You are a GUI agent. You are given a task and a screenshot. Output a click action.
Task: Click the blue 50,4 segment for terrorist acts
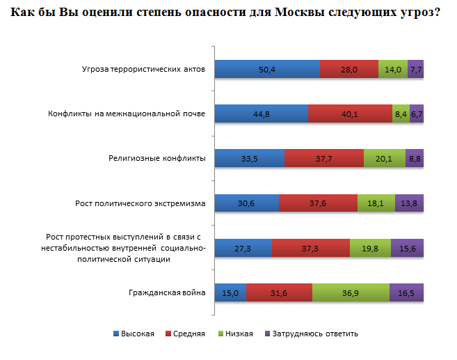(266, 69)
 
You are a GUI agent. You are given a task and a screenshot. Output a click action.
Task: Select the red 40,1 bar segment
(350, 114)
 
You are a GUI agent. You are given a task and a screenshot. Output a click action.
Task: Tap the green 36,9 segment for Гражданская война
(351, 292)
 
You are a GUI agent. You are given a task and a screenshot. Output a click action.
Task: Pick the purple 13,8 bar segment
(409, 203)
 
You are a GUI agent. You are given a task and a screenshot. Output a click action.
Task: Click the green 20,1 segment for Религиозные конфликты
(384, 159)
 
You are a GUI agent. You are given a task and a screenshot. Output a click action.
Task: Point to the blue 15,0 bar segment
(230, 292)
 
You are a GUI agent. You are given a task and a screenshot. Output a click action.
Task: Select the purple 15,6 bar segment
(407, 248)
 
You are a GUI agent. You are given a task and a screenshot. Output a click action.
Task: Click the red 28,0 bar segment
(348, 69)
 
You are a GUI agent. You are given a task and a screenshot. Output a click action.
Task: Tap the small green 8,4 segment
(401, 114)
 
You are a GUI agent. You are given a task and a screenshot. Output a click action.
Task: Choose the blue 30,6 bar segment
(246, 203)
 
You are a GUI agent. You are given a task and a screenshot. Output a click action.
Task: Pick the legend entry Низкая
(239, 334)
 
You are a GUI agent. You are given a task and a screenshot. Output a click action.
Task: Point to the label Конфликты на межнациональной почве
(126, 114)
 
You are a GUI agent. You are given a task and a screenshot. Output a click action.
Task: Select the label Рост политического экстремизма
(141, 203)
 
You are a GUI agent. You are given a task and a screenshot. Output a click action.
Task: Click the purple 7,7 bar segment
(415, 69)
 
